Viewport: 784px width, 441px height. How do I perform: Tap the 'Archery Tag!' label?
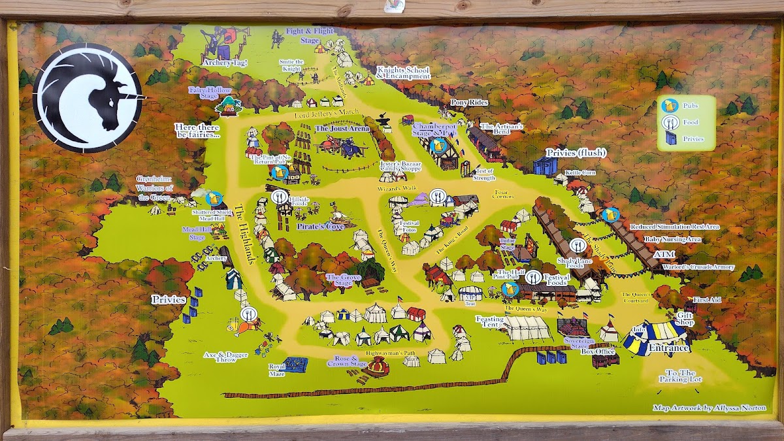[x=225, y=63]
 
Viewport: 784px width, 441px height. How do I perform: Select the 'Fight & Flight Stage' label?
[x=310, y=35]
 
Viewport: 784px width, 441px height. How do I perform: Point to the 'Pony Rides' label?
[x=470, y=103]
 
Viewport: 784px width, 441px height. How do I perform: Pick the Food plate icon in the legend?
[x=668, y=122]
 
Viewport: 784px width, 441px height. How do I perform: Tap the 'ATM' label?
[x=662, y=253]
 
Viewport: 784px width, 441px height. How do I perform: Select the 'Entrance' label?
[x=669, y=348]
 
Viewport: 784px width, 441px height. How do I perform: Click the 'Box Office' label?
[x=598, y=351]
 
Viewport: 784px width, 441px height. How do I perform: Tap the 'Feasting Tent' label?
[x=490, y=321]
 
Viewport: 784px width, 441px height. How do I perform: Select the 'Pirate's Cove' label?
[x=320, y=226]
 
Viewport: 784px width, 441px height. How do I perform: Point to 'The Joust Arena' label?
[x=342, y=129]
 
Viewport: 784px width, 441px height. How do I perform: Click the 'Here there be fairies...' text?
[x=197, y=130]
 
